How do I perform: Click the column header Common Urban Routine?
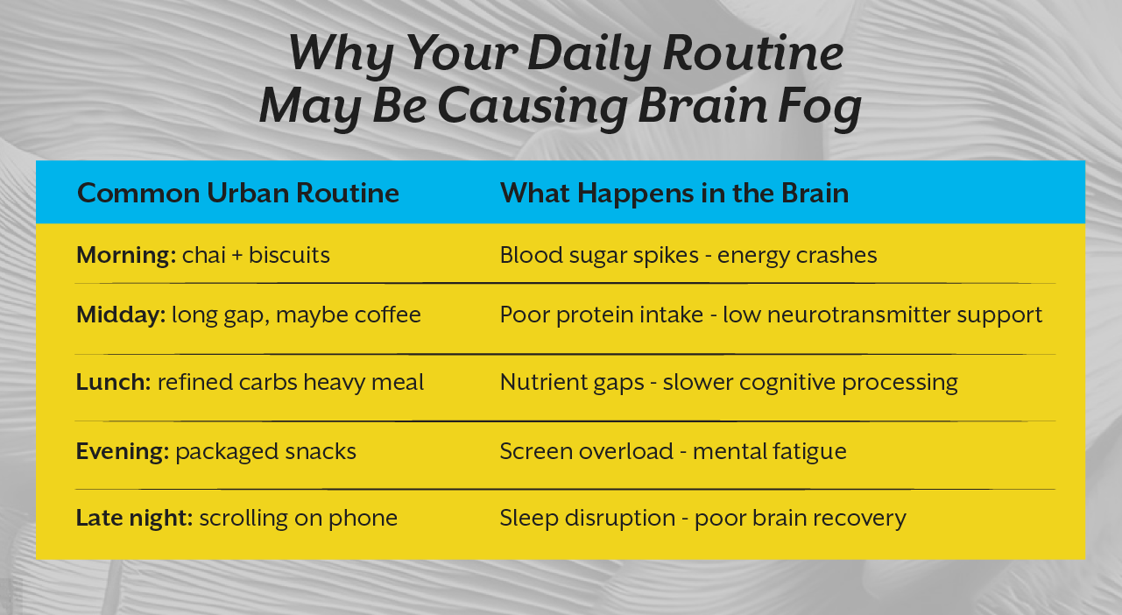point(237,193)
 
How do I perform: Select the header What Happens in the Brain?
point(674,193)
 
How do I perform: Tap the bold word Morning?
point(126,255)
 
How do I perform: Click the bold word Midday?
point(121,315)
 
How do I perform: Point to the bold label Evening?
point(123,451)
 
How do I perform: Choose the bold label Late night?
point(134,518)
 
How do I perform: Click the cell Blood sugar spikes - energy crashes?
point(688,255)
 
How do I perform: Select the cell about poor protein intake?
point(771,315)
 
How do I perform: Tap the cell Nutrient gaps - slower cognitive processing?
point(729,382)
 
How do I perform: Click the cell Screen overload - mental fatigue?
point(673,451)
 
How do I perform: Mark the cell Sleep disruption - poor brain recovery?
point(702,518)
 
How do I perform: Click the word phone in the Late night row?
point(363,518)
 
